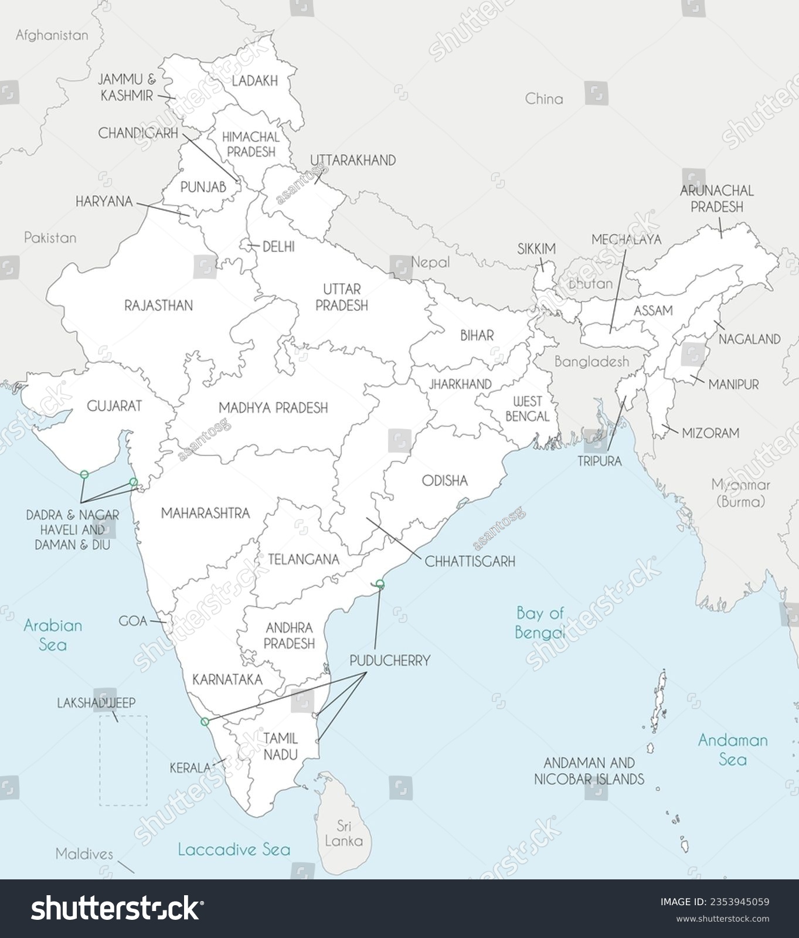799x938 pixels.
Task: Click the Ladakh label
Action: pyautogui.click(x=254, y=81)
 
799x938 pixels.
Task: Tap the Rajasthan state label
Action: pyautogui.click(x=158, y=305)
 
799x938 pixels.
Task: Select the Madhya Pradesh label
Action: pyautogui.click(x=273, y=407)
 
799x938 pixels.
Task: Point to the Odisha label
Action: pyautogui.click(x=445, y=481)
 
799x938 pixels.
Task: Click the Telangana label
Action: pyautogui.click(x=304, y=559)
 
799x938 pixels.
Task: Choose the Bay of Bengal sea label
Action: pyautogui.click(x=539, y=622)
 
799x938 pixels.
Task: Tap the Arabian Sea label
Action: pyautogui.click(x=53, y=635)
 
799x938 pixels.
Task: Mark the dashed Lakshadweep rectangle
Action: pyautogui.click(x=123, y=760)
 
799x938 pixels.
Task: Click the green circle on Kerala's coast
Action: pyautogui.click(x=205, y=721)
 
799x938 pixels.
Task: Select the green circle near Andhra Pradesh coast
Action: pyautogui.click(x=380, y=583)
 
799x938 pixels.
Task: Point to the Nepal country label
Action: pyautogui.click(x=430, y=262)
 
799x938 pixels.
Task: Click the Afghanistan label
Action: pyautogui.click(x=52, y=35)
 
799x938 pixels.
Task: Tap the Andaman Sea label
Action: pyautogui.click(x=732, y=749)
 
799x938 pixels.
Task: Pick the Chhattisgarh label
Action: pyautogui.click(x=470, y=562)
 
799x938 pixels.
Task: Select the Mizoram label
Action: pyautogui.click(x=710, y=433)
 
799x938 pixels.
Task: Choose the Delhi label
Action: pyautogui.click(x=278, y=247)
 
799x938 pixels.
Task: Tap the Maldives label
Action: pyautogui.click(x=84, y=854)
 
